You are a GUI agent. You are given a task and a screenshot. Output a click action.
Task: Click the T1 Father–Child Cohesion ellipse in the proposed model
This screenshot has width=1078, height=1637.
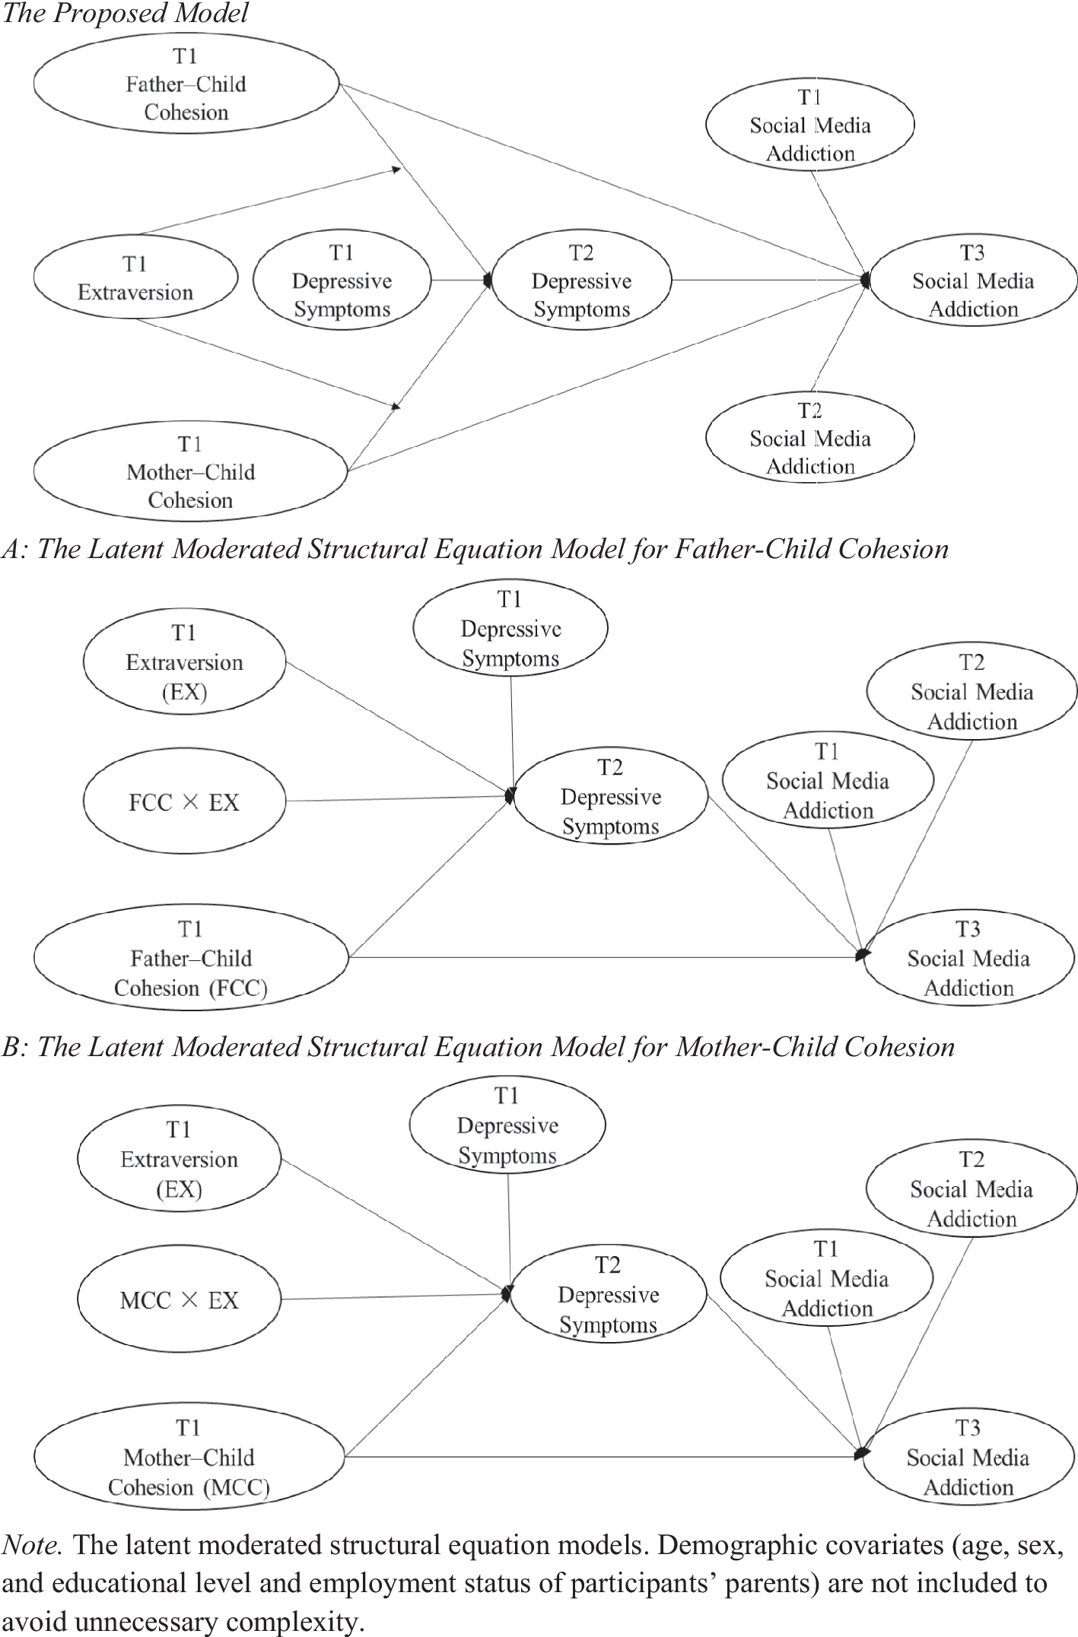[x=186, y=84]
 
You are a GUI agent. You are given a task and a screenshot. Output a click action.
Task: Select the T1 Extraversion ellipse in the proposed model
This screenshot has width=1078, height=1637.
[x=135, y=278]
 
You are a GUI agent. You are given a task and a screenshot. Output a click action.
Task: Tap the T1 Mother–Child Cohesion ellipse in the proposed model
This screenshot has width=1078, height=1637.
[x=190, y=472]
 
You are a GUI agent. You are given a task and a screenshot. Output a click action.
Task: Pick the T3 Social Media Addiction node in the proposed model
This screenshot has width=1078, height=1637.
[x=973, y=281]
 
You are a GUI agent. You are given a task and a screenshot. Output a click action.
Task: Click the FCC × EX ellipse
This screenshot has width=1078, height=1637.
[x=184, y=802]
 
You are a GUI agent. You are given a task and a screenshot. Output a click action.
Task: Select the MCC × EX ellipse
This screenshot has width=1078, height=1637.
[x=180, y=1300]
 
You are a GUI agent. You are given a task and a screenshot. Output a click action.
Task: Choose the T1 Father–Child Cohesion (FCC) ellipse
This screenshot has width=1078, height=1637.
[x=190, y=959]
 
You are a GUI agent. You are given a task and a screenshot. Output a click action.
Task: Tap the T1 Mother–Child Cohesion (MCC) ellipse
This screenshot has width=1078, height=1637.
[x=189, y=1458]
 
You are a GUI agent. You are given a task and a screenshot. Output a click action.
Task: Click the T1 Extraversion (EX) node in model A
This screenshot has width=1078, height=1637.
[x=184, y=662]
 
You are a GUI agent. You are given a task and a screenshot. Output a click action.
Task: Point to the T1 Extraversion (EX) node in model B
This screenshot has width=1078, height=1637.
[x=180, y=1160]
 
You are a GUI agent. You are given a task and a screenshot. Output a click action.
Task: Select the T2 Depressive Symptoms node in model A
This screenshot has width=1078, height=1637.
[x=610, y=797]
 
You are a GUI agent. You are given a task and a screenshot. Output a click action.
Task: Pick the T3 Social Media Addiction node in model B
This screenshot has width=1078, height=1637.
[x=968, y=1458]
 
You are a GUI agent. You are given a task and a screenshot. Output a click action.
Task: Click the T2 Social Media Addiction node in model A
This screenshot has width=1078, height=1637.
[x=971, y=692]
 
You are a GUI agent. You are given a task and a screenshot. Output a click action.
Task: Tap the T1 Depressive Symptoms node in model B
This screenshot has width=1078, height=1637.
[x=507, y=1125]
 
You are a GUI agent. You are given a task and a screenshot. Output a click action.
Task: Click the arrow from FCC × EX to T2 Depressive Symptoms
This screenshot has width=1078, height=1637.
[x=396, y=798]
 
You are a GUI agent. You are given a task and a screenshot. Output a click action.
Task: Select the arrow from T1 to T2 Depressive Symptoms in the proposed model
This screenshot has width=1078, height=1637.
[x=460, y=280]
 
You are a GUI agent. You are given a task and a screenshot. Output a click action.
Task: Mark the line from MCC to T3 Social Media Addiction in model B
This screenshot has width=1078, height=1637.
[x=601, y=1457]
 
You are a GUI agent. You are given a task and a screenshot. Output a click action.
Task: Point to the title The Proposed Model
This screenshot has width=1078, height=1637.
[x=125, y=14]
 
